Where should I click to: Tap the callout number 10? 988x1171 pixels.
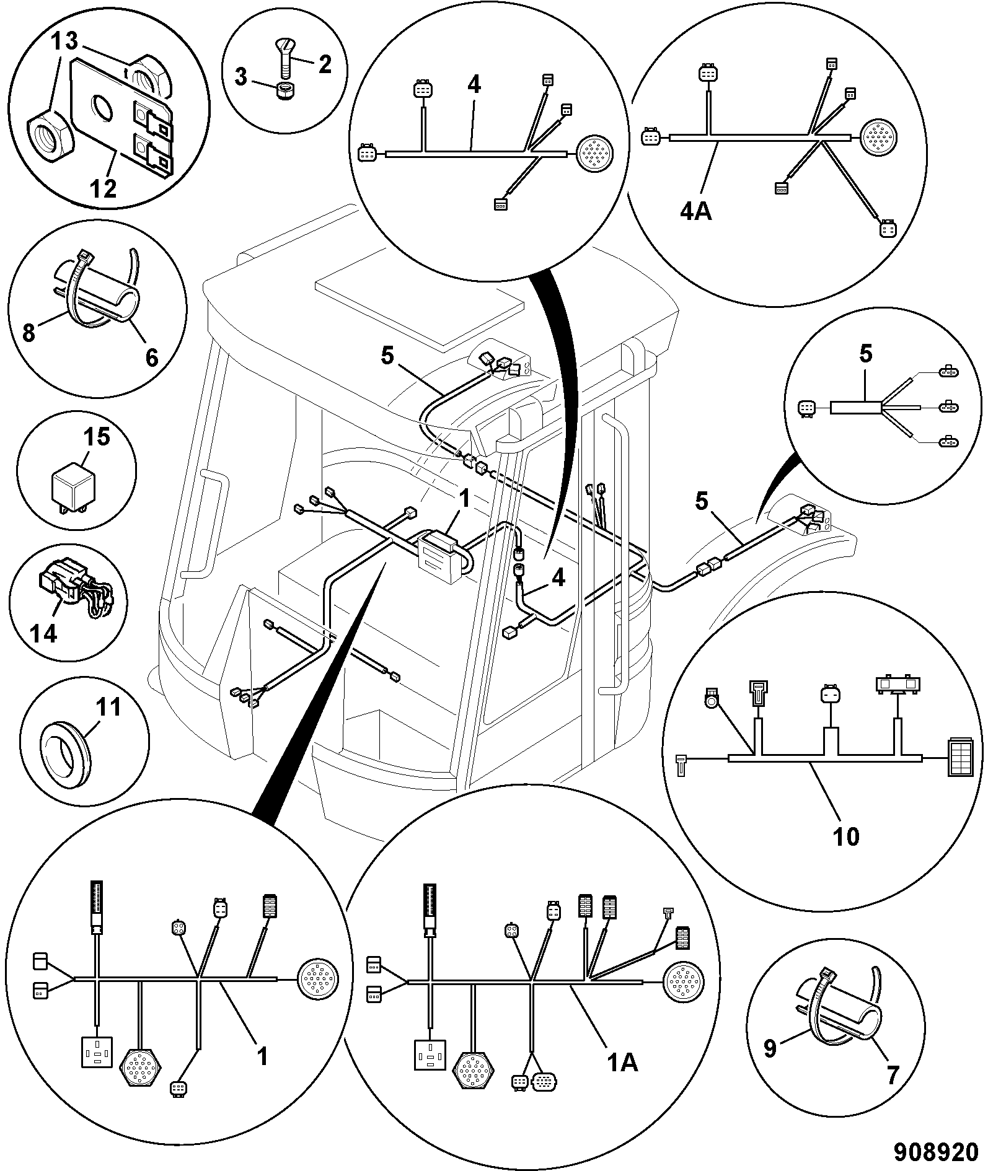pyautogui.click(x=845, y=836)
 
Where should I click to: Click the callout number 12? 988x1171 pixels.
pyautogui.click(x=104, y=188)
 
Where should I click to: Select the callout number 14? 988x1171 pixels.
pyautogui.click(x=43, y=633)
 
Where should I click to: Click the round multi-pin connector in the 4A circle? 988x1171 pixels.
pyautogui.click(x=879, y=136)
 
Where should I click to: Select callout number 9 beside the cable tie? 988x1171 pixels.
pyautogui.click(x=769, y=1049)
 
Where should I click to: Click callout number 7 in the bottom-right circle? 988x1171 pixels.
pyautogui.click(x=892, y=1075)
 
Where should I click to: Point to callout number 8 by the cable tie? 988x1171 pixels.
pyautogui.click(x=29, y=333)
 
